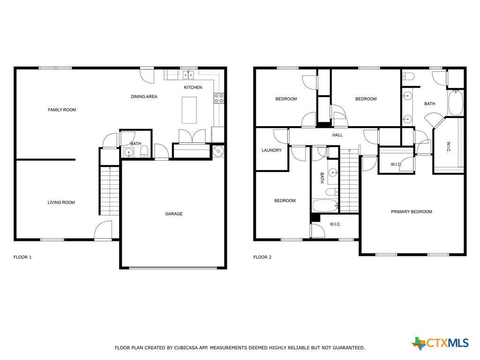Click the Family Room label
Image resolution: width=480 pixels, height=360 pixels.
tap(62, 110)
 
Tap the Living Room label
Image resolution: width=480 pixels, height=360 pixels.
tap(61, 202)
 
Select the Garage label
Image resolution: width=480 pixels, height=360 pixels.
tap(174, 214)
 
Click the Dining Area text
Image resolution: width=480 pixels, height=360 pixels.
tap(144, 97)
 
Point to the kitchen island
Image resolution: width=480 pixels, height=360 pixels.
tap(189, 110)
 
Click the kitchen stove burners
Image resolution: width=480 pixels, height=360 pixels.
tap(219, 98)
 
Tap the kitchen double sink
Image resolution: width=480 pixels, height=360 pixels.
tap(188, 75)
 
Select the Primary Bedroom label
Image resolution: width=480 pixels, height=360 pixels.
tap(412, 212)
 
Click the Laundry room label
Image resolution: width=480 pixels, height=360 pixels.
tap(271, 150)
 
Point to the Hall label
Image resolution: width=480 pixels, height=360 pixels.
tap(337, 135)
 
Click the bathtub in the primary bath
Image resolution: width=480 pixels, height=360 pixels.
tap(456, 103)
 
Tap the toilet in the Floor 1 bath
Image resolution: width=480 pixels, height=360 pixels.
tap(144, 151)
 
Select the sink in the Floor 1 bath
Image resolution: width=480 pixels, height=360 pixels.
tap(129, 152)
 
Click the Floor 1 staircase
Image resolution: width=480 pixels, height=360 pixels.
tap(109, 190)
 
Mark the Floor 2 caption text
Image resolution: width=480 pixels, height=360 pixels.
tap(262, 257)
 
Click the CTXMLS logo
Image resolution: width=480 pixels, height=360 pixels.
tap(440, 343)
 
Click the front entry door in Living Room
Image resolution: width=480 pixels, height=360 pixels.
tap(103, 230)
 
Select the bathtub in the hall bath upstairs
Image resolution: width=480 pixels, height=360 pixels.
tap(325, 206)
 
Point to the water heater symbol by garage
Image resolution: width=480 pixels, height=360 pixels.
tap(218, 151)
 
